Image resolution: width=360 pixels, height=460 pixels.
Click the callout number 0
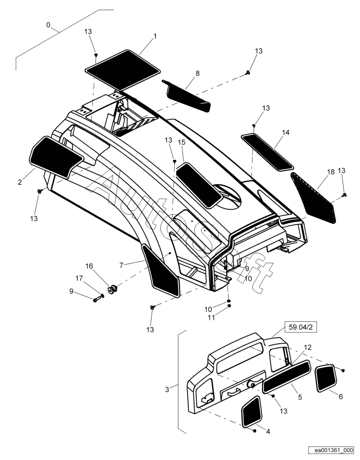click(48, 25)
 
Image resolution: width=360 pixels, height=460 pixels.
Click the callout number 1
click(155, 36)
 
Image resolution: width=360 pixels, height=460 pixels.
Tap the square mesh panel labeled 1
click(123, 69)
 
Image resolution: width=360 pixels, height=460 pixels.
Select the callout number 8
click(198, 73)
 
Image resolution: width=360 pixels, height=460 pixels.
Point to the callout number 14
click(285, 133)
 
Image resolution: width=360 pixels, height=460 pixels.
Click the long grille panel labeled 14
click(267, 151)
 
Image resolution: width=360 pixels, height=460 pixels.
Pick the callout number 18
click(331, 172)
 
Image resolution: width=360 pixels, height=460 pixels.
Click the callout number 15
click(182, 142)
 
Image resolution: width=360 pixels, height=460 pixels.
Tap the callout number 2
click(20, 182)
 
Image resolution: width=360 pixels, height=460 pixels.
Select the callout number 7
click(121, 265)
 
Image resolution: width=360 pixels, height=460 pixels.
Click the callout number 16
click(89, 266)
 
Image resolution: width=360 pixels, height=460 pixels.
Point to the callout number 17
click(79, 278)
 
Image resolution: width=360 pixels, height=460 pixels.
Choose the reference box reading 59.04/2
click(301, 327)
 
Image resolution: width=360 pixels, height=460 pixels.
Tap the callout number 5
click(300, 397)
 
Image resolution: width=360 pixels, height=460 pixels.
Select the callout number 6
click(341, 397)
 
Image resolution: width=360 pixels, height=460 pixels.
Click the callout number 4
click(268, 431)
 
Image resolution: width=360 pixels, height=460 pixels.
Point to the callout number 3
click(167, 389)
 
